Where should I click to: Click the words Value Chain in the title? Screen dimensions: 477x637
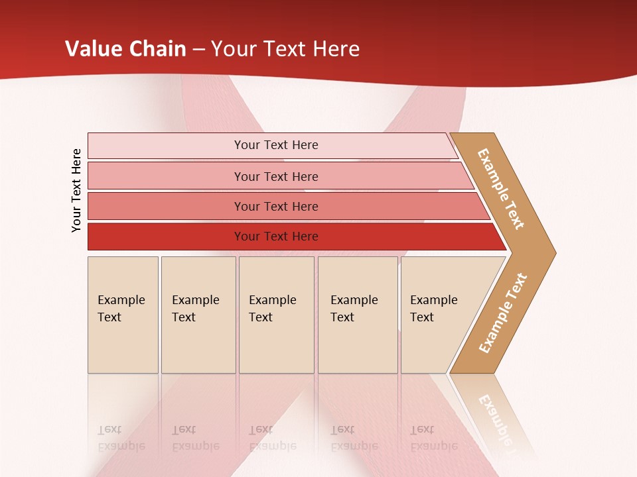(x=125, y=49)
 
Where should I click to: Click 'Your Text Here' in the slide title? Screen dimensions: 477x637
(x=285, y=49)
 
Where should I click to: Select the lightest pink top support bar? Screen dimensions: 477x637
(x=166, y=145)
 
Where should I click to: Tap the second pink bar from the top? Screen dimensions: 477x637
(x=166, y=176)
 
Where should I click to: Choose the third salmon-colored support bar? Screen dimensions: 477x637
(x=166, y=206)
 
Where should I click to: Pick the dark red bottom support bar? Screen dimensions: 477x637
(x=166, y=237)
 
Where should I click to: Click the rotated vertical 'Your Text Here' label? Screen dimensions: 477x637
(x=76, y=190)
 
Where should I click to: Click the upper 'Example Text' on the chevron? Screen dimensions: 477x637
(x=501, y=189)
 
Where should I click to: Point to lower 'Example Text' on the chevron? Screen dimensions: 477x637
(x=503, y=313)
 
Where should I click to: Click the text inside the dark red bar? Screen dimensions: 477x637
(x=276, y=237)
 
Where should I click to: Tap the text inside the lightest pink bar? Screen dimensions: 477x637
(x=276, y=145)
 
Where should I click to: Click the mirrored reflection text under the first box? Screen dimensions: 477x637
(x=121, y=438)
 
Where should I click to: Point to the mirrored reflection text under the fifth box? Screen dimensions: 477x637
(x=433, y=438)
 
